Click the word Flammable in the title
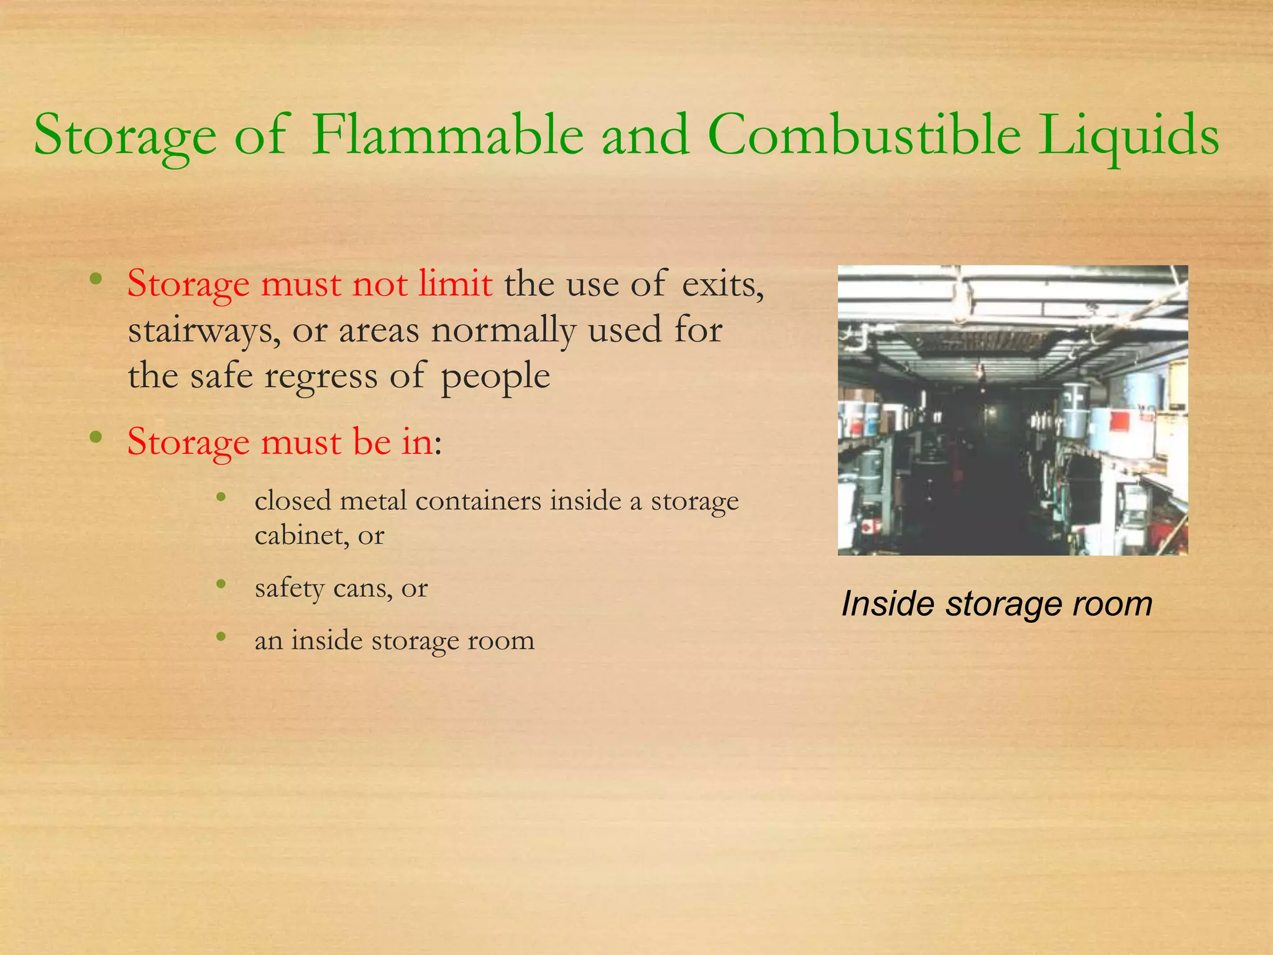pos(448,136)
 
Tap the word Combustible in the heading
pos(864,136)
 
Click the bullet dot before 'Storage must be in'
pos(96,437)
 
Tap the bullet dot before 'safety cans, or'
pos(221,584)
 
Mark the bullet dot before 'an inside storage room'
pos(221,636)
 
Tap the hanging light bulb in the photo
pos(981,371)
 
